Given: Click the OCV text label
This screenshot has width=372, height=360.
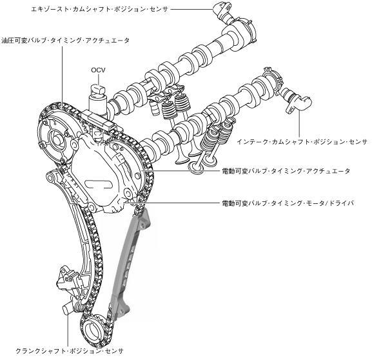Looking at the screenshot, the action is click(x=98, y=70).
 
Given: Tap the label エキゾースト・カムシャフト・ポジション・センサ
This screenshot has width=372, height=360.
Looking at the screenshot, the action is click(x=100, y=9).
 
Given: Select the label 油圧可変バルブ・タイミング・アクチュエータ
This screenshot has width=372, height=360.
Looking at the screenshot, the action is click(x=66, y=41).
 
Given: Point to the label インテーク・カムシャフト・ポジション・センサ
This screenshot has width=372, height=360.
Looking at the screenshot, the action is click(x=302, y=142).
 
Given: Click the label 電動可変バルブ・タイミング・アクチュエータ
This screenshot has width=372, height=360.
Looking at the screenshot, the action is click(x=286, y=171).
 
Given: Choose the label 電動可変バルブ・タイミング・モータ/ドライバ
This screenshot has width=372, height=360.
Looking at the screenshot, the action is click(x=288, y=203).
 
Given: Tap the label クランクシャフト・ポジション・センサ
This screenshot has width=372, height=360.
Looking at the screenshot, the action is click(x=70, y=351).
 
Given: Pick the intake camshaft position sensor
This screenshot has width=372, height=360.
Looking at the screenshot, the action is click(x=296, y=101).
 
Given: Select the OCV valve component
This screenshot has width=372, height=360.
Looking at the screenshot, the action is click(x=97, y=100).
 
